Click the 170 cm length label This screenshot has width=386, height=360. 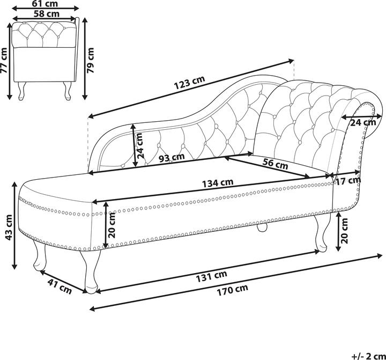[233, 290]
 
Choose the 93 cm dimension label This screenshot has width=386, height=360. [171, 158]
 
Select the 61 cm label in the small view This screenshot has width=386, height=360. [46, 3]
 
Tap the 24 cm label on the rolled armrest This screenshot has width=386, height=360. [362, 122]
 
